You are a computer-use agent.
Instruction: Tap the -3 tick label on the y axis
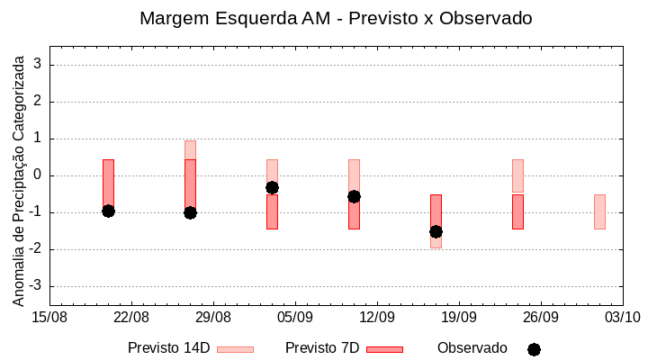point(36,286)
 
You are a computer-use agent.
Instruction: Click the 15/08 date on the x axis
point(49,317)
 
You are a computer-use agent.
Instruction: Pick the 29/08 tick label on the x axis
point(213,317)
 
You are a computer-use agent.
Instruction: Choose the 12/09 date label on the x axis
point(377,317)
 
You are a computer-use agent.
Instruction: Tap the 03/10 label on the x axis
point(622,317)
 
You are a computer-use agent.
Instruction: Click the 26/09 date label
point(541,317)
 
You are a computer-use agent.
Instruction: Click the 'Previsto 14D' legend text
point(168,348)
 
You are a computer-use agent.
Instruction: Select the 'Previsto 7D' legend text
point(322,348)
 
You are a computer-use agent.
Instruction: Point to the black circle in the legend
point(534,349)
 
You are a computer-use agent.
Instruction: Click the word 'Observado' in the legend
point(472,348)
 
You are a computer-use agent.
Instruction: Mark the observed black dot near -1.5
point(436,231)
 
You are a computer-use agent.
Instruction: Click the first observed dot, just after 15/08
point(108,211)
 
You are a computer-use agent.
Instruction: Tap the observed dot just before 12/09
point(354,196)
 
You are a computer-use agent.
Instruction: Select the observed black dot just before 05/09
point(272,187)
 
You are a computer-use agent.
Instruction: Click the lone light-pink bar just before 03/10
point(599,211)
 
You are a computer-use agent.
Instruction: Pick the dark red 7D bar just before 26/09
point(517,211)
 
